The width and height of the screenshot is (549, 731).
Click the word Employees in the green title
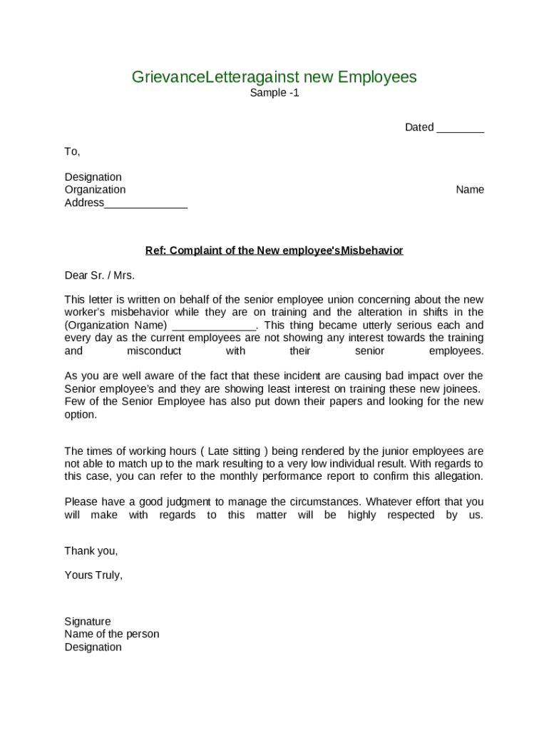pos(377,77)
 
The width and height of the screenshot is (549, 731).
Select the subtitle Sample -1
pos(274,93)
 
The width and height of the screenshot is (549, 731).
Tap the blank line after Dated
pos(460,128)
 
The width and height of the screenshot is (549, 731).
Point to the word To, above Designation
pos(72,151)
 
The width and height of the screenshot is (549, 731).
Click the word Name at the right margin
pos(470,190)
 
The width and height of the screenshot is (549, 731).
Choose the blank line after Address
pos(145,203)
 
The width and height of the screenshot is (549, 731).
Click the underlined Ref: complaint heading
pos(274,251)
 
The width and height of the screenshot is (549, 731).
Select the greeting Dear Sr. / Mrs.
pos(99,276)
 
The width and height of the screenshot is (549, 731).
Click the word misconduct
pos(154,351)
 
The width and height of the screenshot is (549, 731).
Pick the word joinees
pos(458,389)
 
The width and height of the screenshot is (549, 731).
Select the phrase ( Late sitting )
pos(235,451)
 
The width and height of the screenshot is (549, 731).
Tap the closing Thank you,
pos(91,551)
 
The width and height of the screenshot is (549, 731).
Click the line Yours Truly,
pos(93,575)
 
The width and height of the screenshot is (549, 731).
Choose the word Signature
pos(88,622)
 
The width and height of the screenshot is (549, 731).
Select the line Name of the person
pos(112,635)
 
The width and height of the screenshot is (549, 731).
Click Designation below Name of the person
pos(93,647)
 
